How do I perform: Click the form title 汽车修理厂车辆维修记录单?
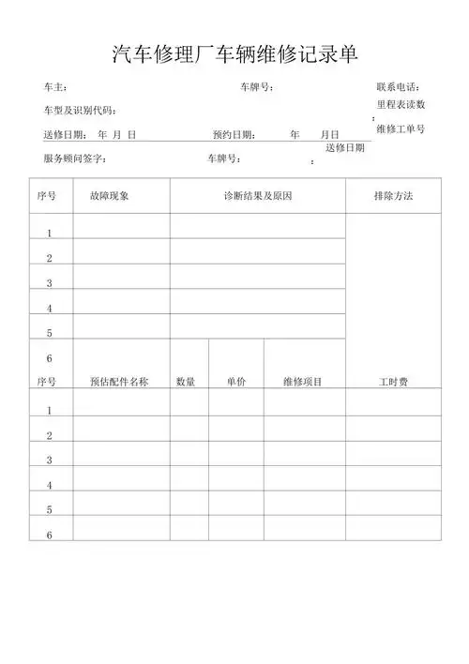pos(234,53)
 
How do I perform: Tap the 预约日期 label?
pos(234,135)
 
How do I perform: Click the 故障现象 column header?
pos(109,197)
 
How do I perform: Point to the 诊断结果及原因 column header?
pos(257,197)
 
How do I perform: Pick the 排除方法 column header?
pos(393,197)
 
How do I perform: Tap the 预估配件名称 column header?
pos(119,382)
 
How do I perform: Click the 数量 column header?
pos(186,382)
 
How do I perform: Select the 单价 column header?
pos(236,382)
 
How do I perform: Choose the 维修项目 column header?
pos(303,382)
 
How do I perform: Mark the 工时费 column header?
pos(393,382)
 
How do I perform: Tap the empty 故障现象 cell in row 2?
pos(121,251)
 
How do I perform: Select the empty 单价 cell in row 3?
pos(236,453)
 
